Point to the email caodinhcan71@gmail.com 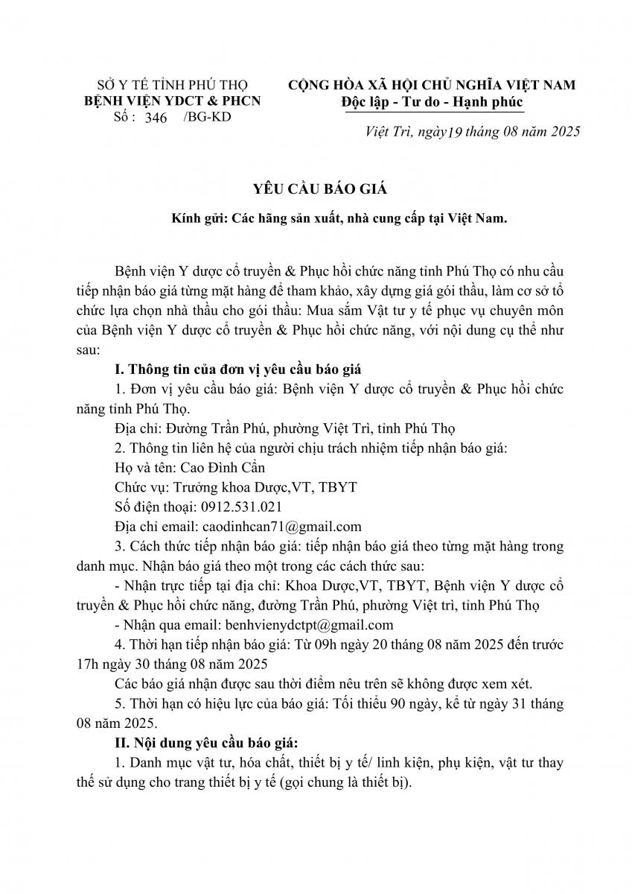pyautogui.click(x=277, y=526)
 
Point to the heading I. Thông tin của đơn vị pyautogui.click(x=246, y=370)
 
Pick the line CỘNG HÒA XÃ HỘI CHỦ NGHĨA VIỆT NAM pyautogui.click(x=432, y=85)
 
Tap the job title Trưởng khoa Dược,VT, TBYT pyautogui.click(x=264, y=487)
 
